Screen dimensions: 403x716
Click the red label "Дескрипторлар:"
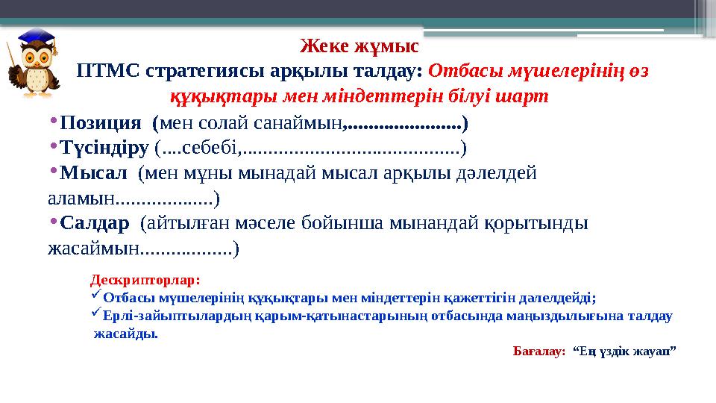click(x=145, y=281)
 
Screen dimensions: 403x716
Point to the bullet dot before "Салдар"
click(x=54, y=222)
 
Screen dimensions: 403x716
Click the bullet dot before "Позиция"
click(x=54, y=120)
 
